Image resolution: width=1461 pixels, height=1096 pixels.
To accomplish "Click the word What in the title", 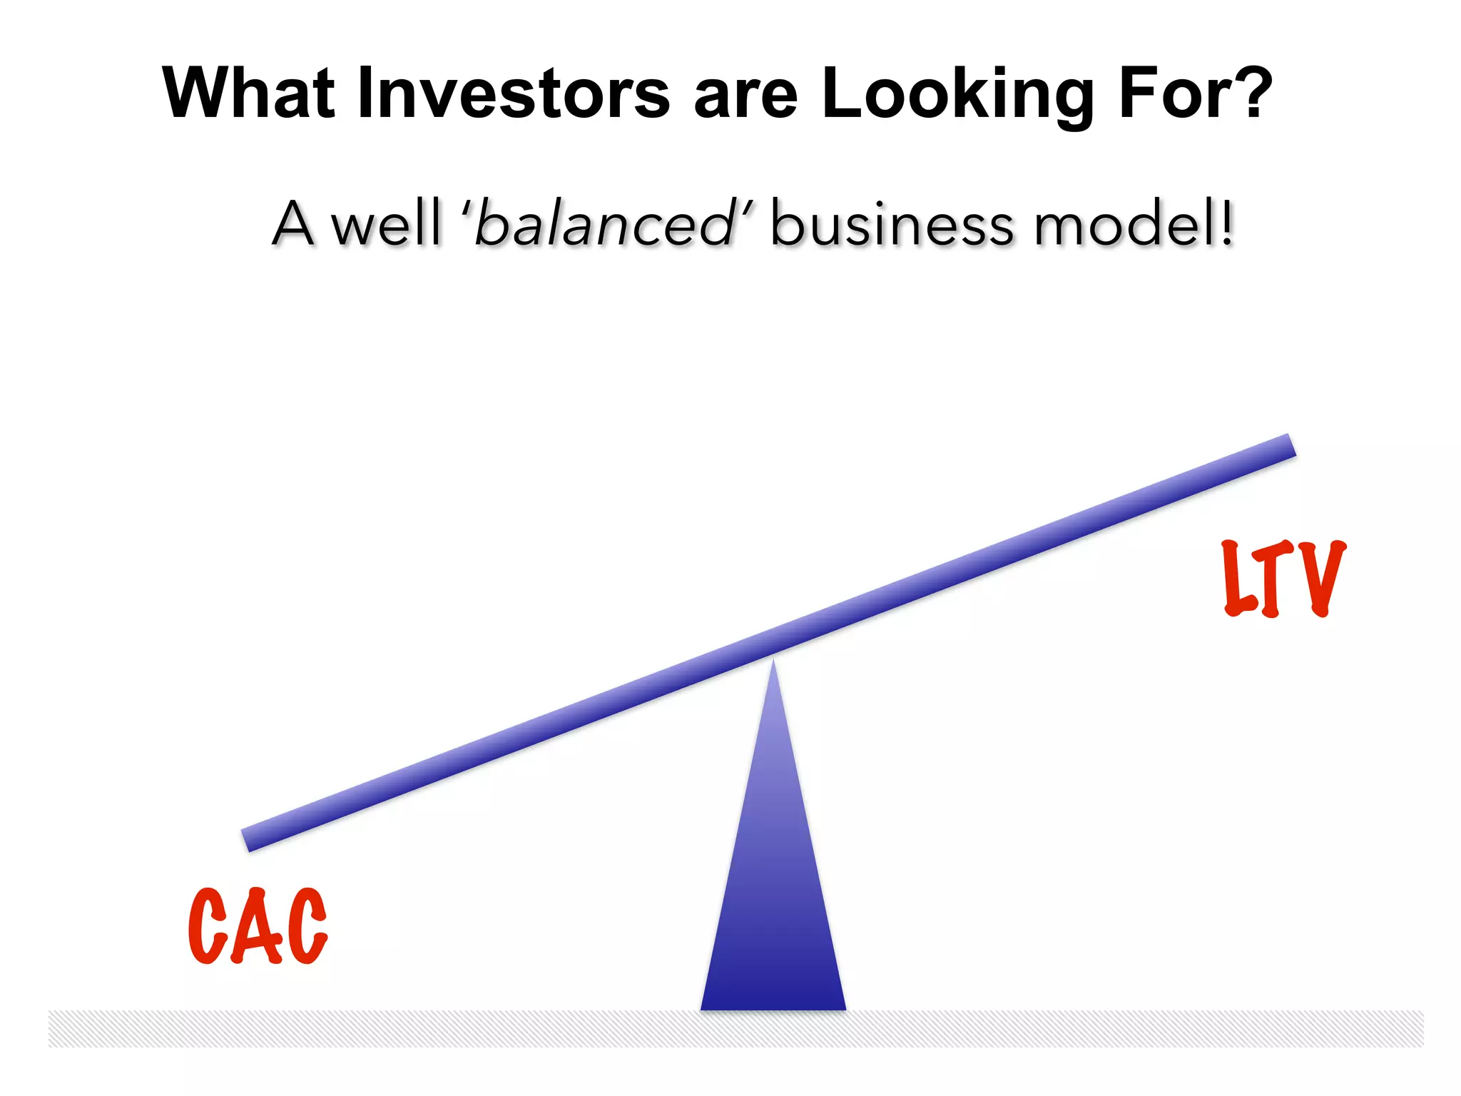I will [248, 93].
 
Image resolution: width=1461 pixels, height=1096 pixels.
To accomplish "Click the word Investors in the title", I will [514, 93].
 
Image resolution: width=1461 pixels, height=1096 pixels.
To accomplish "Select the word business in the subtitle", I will [892, 225].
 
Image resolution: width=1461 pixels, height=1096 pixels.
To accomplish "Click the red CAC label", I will [258, 926].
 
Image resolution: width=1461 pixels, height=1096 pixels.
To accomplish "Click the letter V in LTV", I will [1320, 578].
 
